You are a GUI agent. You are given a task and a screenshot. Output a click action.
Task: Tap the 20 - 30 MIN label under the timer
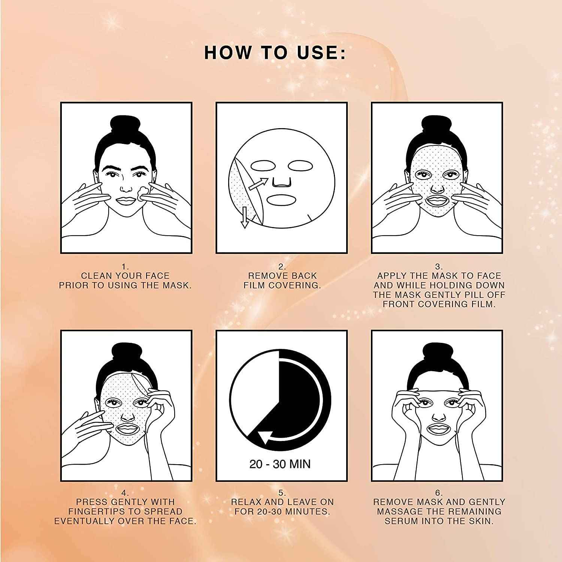coord(280,464)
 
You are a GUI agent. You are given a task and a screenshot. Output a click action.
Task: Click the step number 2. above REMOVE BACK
coord(282,266)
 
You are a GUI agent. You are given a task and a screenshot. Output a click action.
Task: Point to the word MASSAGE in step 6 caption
coord(402,511)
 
